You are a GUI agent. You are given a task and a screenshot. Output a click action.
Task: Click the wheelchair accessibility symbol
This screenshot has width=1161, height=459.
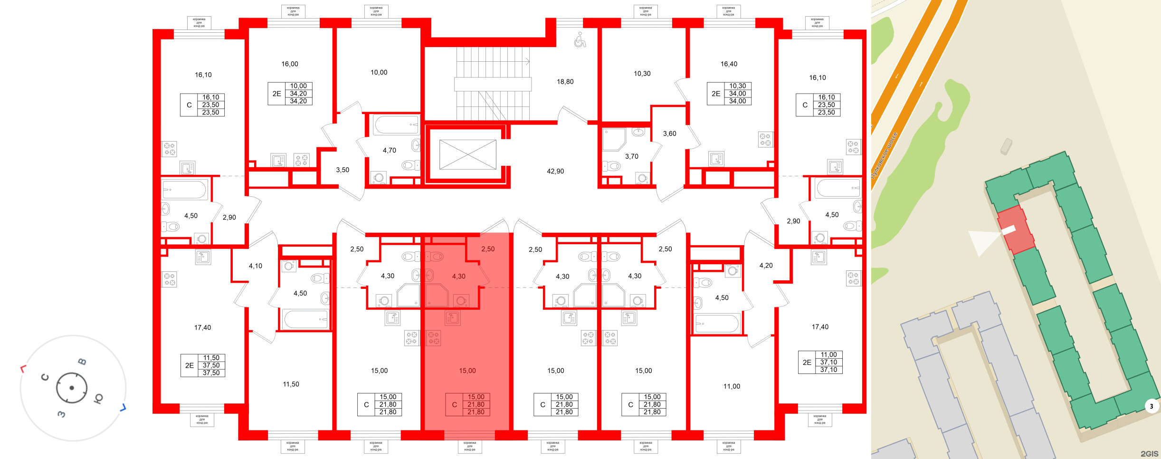[580, 40]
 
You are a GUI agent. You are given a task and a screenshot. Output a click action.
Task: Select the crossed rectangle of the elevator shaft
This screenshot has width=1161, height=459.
[467, 154]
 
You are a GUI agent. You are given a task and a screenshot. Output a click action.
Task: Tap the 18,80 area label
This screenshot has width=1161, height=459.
[565, 82]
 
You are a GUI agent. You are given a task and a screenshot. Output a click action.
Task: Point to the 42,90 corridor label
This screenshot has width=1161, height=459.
[555, 171]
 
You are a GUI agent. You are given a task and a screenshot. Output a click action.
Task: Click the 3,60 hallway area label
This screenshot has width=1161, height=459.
[669, 134]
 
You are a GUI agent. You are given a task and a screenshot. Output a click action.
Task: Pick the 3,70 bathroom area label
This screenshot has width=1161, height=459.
[631, 156]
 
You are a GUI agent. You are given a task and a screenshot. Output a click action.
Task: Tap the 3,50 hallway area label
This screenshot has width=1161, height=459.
[342, 170]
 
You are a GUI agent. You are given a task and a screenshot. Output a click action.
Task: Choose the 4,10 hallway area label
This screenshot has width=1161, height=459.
[255, 266]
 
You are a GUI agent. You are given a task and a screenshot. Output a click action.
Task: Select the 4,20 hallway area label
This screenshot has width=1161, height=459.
[766, 266]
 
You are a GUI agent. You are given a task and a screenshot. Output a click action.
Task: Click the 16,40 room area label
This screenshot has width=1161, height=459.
[729, 64]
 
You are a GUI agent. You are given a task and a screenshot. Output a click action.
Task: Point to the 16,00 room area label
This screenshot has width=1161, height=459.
[289, 64]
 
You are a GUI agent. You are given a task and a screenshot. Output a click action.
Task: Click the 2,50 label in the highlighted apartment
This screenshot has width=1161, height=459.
[487, 249]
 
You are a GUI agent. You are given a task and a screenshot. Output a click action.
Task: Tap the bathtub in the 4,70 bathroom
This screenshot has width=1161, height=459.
[396, 125]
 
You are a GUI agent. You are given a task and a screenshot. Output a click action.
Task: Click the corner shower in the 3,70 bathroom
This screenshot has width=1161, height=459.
[613, 139]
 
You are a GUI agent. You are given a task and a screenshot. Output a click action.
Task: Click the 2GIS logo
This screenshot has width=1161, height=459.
[1149, 454]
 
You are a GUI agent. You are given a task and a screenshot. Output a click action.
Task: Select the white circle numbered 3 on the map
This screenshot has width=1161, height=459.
[1151, 406]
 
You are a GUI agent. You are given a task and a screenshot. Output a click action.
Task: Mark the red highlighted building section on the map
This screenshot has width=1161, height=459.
[1016, 230]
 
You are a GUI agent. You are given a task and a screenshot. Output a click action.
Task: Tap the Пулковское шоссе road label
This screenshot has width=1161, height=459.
[885, 155]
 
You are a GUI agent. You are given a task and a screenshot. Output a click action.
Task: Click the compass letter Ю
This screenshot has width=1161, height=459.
[98, 398]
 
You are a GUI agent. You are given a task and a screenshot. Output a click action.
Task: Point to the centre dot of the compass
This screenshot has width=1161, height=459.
[72, 388]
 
